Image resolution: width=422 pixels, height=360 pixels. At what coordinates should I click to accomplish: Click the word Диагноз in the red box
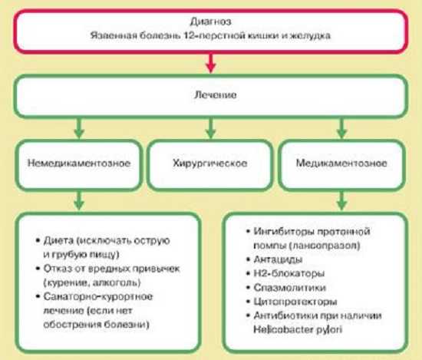click(x=210, y=21)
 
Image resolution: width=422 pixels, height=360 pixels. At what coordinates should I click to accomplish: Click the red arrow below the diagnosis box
click(x=211, y=63)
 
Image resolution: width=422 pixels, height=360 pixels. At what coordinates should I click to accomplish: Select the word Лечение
click(x=216, y=94)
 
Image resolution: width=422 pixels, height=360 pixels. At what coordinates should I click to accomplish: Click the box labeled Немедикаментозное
click(x=79, y=165)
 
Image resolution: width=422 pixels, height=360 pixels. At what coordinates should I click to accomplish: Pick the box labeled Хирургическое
click(x=210, y=165)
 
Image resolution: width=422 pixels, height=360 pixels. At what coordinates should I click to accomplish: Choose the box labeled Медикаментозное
click(x=341, y=165)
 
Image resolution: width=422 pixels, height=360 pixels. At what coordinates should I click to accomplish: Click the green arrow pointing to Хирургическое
click(x=211, y=128)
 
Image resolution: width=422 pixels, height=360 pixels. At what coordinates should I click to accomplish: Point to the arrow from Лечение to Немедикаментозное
click(x=79, y=128)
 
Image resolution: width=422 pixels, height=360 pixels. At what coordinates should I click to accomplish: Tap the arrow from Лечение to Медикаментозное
click(x=341, y=128)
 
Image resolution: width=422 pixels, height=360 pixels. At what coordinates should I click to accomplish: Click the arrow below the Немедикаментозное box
click(x=79, y=200)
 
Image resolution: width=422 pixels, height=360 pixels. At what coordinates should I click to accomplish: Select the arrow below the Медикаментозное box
click(x=341, y=200)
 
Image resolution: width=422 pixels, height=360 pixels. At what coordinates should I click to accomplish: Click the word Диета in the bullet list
click(x=58, y=240)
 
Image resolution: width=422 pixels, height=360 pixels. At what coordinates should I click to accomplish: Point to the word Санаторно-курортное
click(x=98, y=296)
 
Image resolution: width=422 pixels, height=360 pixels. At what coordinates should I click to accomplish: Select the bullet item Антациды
click(x=275, y=259)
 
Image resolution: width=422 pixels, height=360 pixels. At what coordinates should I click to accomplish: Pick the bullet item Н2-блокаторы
click(x=285, y=273)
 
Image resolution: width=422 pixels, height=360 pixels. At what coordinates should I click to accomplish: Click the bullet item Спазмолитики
click(x=286, y=288)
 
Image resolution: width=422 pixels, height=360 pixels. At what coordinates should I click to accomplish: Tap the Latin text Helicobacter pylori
click(x=298, y=329)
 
